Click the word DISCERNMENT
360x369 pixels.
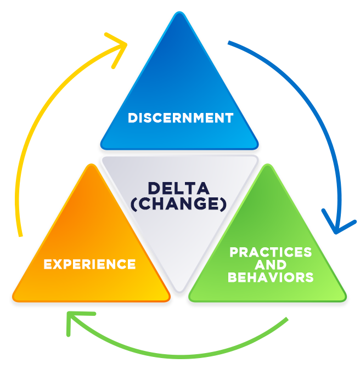coord(180,118)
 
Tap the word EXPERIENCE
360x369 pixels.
coord(89,264)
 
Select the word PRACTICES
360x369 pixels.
coord(271,252)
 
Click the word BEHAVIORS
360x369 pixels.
coord(271,277)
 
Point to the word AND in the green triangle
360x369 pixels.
coord(271,265)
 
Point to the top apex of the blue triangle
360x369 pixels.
coord(179,13)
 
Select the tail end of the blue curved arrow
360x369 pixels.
coord(229,42)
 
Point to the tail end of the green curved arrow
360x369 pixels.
coord(286,319)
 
